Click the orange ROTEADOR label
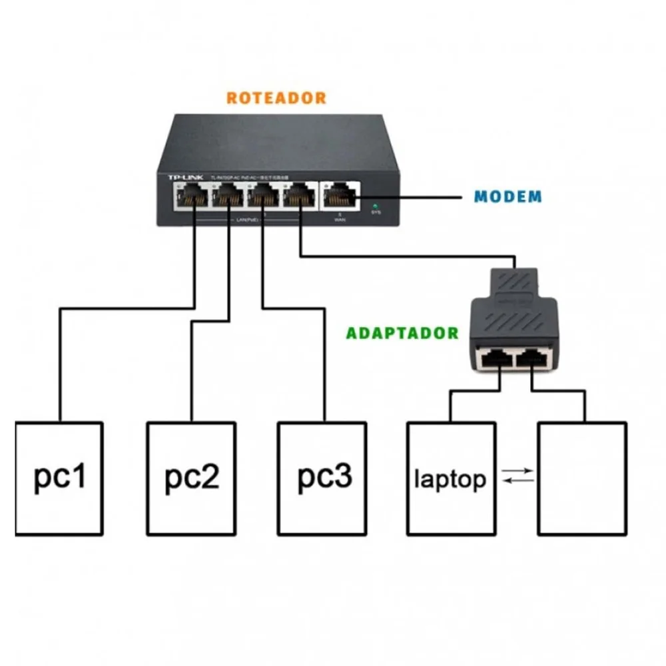tap(276, 98)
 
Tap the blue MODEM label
tap(508, 197)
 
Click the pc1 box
tap(59, 478)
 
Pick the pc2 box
tap(191, 478)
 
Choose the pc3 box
tap(322, 478)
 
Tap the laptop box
tap(451, 478)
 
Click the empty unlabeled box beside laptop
tap(582, 478)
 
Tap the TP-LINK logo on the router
tap(184, 176)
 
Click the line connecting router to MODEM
tap(413, 198)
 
